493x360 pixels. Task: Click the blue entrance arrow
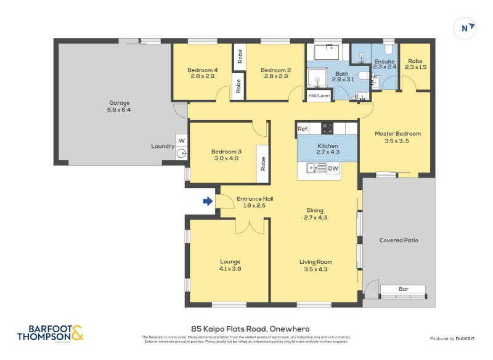[208, 201]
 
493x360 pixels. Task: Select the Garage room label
[120, 106]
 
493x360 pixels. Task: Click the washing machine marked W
[181, 140]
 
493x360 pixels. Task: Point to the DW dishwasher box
[333, 168]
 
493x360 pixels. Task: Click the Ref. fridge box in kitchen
[303, 129]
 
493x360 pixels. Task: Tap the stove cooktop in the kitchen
[327, 129]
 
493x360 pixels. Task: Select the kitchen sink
[317, 168]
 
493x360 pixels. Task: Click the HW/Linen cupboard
[319, 96]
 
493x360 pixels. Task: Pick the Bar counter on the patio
[403, 289]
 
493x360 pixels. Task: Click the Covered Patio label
[399, 240]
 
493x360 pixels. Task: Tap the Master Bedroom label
[397, 137]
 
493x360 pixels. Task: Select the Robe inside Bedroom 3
[263, 163]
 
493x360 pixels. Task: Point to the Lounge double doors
[251, 227]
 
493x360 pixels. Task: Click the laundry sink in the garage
[182, 154]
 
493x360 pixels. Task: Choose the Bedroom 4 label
[202, 73]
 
